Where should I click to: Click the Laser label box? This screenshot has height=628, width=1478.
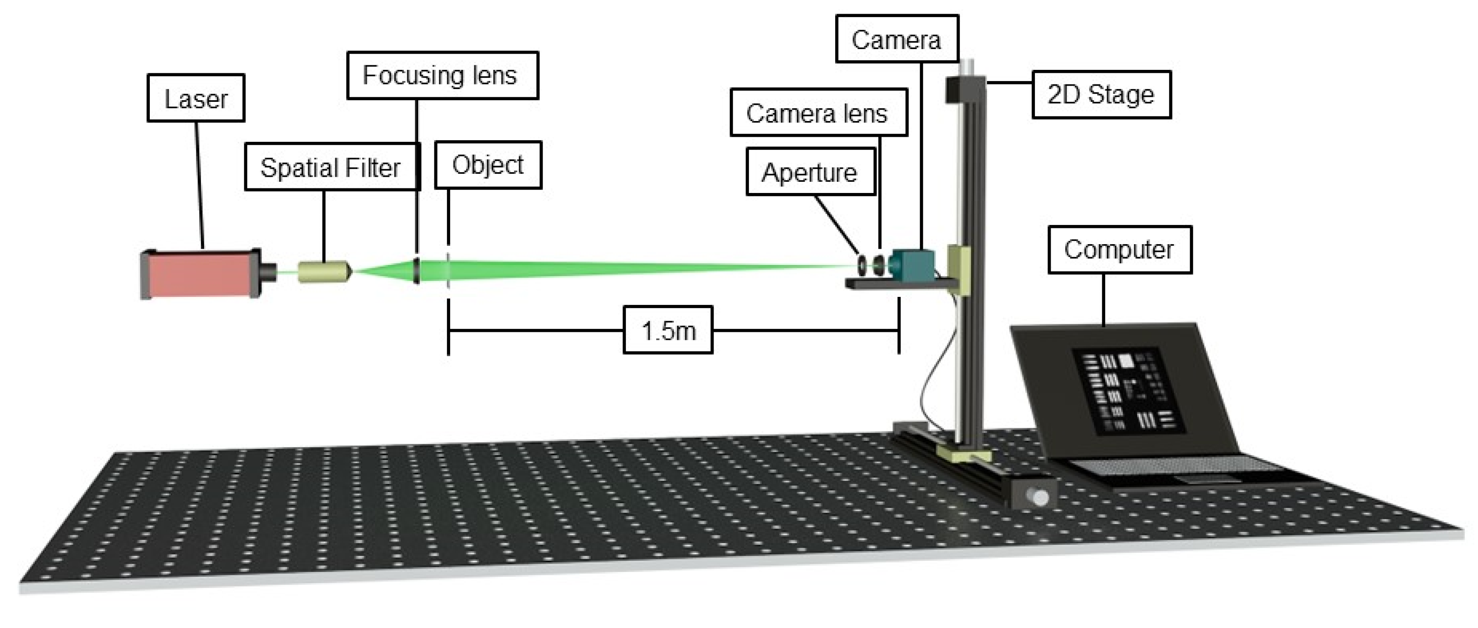196,98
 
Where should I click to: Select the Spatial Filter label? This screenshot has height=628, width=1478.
331,168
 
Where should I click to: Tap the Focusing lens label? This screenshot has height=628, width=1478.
442,76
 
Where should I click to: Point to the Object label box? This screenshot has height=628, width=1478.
488,165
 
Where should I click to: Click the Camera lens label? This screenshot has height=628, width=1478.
818,113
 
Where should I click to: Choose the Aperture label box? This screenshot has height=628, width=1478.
810,172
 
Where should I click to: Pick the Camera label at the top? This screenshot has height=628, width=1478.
896,39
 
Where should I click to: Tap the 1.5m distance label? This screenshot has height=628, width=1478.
668,330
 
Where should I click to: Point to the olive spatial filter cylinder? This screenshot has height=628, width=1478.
322,271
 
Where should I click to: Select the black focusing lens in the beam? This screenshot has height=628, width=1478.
417,270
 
